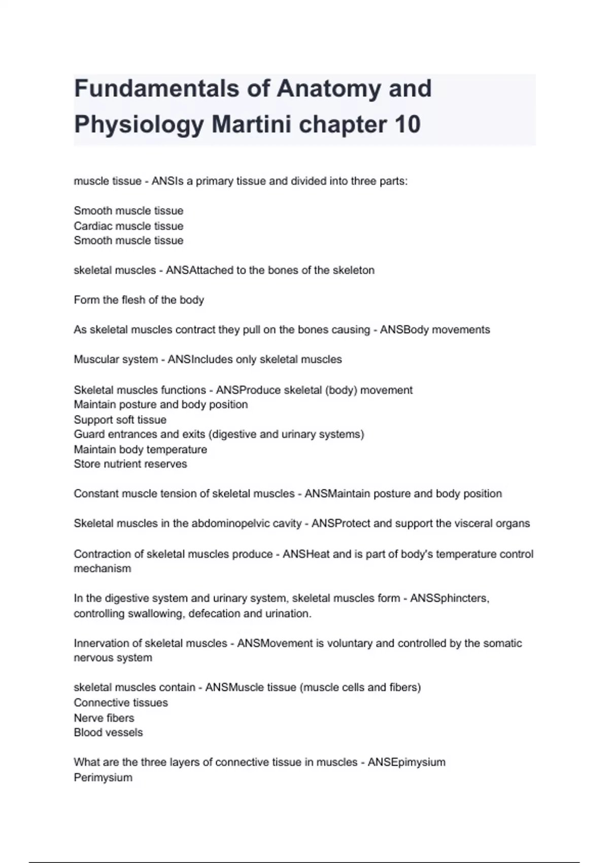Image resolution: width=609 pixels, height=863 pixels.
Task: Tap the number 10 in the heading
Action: pos(407,124)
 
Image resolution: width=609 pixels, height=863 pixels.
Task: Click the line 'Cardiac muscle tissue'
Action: pos(128,226)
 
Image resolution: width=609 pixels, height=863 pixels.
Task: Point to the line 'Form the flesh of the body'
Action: pos(139,300)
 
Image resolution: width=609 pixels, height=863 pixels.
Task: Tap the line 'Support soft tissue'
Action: pos(120,420)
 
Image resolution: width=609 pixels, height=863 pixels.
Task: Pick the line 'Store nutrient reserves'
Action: pos(130,464)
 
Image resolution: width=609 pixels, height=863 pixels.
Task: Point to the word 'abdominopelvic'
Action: pos(246,523)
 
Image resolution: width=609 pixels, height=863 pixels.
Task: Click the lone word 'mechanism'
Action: pos(102,569)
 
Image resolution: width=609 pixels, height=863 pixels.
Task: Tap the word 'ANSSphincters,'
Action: pos(450,599)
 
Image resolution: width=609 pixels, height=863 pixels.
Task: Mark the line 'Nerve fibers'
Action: pos(104,718)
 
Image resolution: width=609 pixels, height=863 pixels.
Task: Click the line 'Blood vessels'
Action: pos(108,733)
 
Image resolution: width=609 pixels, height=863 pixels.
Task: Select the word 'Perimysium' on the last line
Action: pos(103,778)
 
